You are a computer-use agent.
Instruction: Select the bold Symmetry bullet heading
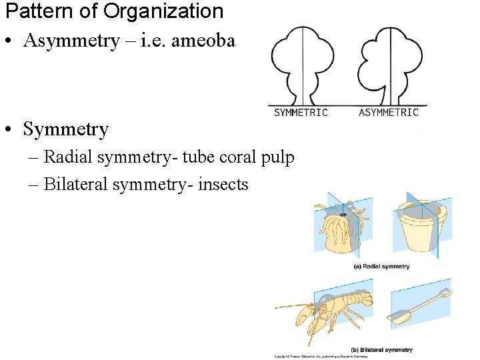65,129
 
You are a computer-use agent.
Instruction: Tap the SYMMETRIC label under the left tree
301,113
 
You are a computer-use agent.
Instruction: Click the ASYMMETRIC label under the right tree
389,113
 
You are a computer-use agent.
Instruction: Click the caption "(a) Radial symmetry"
381,267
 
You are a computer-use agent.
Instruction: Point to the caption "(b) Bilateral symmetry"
381,349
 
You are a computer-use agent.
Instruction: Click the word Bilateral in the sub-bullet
73,184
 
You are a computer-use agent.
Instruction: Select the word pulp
280,159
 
